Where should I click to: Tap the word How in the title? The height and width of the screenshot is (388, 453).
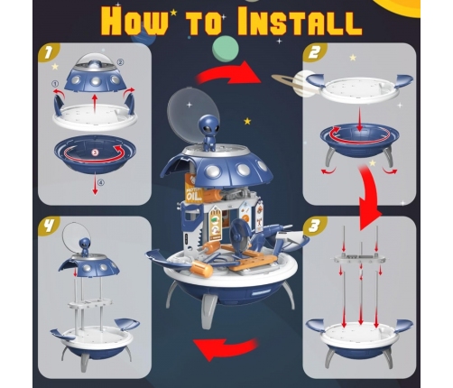tap(135, 21)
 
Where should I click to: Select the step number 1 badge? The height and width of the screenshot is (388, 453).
tap(48, 53)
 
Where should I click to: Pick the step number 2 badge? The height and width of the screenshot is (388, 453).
tap(314, 53)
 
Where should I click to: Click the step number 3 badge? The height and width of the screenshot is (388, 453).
tap(314, 226)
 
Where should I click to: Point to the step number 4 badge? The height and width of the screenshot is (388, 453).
tap(48, 226)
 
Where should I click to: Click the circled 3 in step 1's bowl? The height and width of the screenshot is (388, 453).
tap(95, 152)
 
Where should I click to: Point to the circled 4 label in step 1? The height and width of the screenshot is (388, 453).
tap(101, 182)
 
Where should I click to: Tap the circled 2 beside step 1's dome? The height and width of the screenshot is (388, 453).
tap(120, 62)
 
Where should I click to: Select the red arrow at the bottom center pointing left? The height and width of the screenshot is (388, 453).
tap(226, 348)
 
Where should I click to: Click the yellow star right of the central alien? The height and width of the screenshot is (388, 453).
tap(247, 121)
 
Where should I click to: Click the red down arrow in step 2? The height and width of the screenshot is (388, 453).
tap(359, 120)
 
